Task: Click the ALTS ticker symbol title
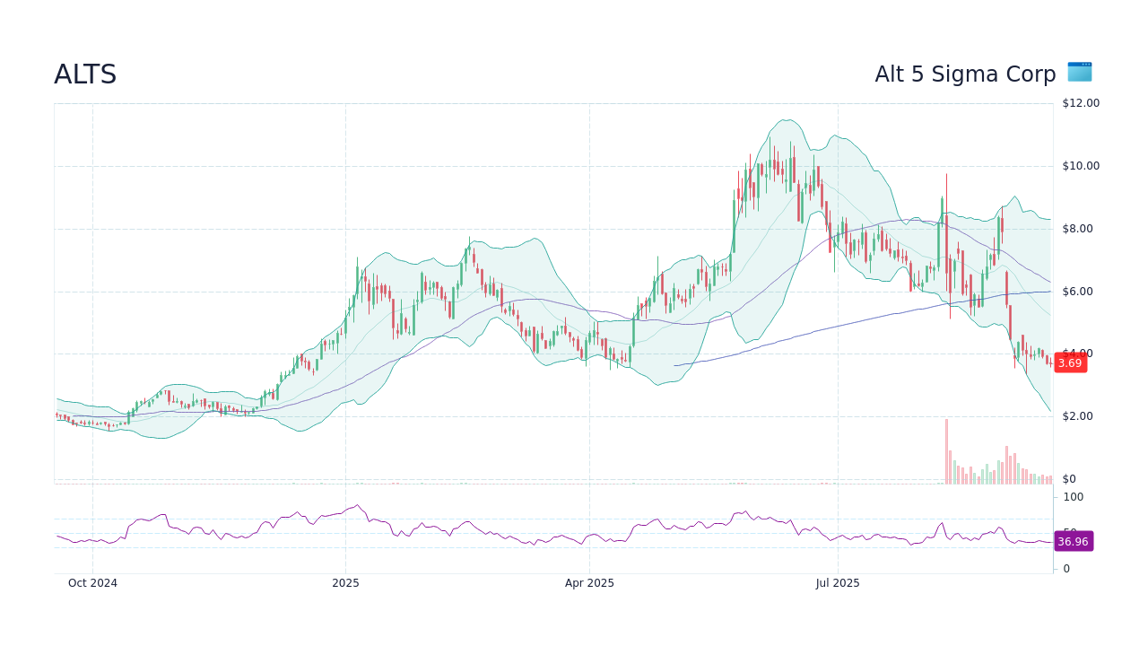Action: point(85,74)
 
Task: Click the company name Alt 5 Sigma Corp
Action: point(965,74)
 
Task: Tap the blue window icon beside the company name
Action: point(1079,72)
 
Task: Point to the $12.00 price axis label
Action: point(1080,103)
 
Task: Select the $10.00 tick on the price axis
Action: point(1080,166)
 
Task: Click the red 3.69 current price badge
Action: point(1069,362)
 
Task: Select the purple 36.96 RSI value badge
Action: point(1073,541)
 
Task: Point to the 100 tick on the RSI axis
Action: point(1073,497)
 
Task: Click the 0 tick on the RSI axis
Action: point(1066,569)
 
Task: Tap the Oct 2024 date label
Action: point(92,583)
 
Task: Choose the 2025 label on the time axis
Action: point(345,583)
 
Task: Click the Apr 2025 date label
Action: point(589,583)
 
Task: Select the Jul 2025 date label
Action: point(838,583)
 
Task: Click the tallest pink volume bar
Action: point(946,451)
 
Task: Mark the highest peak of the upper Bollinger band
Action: point(787,120)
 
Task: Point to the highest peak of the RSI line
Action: point(357,505)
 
